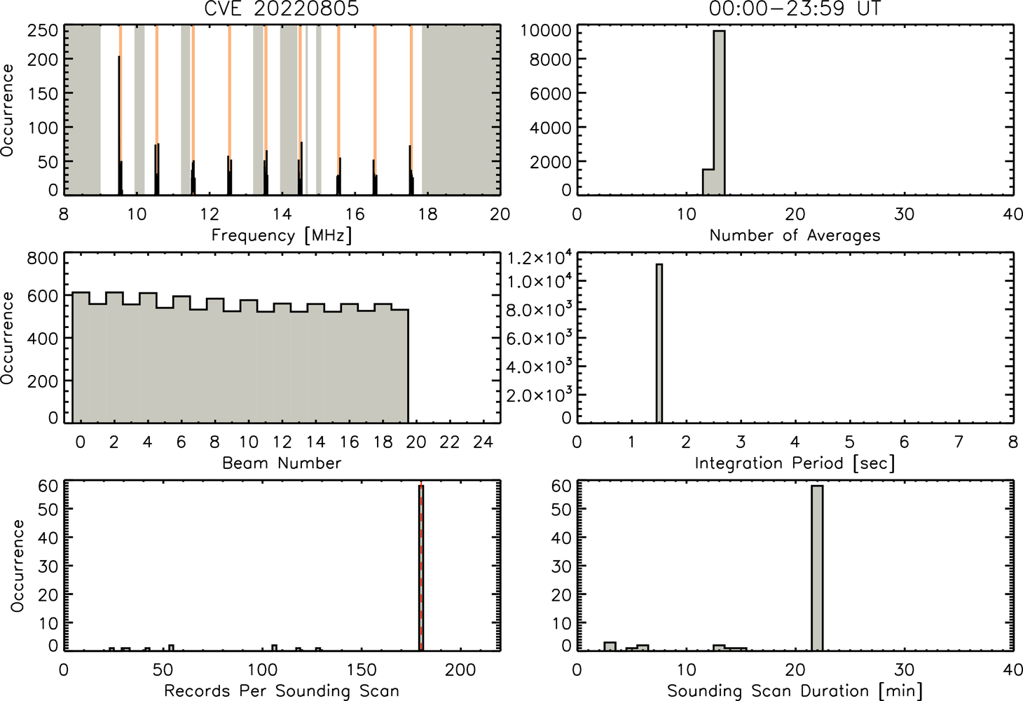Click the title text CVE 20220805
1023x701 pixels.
pyautogui.click(x=282, y=8)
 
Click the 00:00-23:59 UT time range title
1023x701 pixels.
pyautogui.click(x=795, y=8)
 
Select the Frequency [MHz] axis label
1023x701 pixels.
pyautogui.click(x=282, y=236)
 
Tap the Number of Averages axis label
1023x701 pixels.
pyautogui.click(x=795, y=235)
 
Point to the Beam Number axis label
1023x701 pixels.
pyautogui.click(x=282, y=463)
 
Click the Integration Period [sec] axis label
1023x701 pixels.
pyautogui.click(x=795, y=463)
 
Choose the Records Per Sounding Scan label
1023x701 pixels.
pyautogui.click(x=282, y=690)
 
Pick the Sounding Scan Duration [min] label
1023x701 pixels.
pyautogui.click(x=795, y=691)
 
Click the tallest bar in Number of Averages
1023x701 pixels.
pyautogui.click(x=720, y=113)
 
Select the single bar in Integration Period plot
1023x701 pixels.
pyautogui.click(x=659, y=343)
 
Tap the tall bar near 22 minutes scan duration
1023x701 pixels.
pyautogui.click(x=817, y=568)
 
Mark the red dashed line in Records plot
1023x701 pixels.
pyautogui.click(x=421, y=566)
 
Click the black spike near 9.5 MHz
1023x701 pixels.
pyautogui.click(x=119, y=125)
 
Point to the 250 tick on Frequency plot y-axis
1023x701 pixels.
pyautogui.click(x=43, y=31)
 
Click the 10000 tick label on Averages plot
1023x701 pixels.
pyautogui.click(x=547, y=31)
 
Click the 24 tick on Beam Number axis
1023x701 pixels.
pyautogui.click(x=483, y=442)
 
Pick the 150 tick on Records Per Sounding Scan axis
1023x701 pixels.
pyautogui.click(x=362, y=669)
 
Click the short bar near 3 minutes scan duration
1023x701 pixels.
pyautogui.click(x=610, y=646)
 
